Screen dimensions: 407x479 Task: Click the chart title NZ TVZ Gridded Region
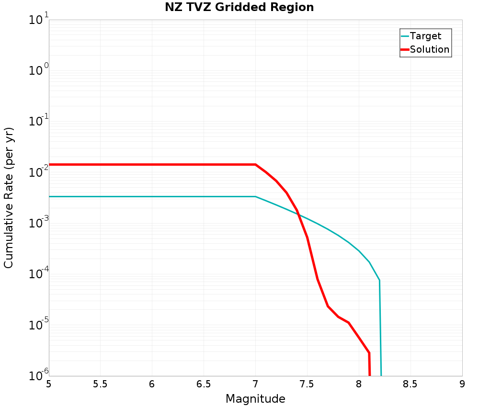coord(239,8)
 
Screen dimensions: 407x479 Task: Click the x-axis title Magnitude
coord(255,399)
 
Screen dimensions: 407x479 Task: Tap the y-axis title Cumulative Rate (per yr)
coord(9,198)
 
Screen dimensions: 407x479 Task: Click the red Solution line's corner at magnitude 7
coord(255,165)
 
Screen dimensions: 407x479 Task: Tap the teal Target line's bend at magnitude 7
coord(255,196)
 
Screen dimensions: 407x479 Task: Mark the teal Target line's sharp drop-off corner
coord(379,280)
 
